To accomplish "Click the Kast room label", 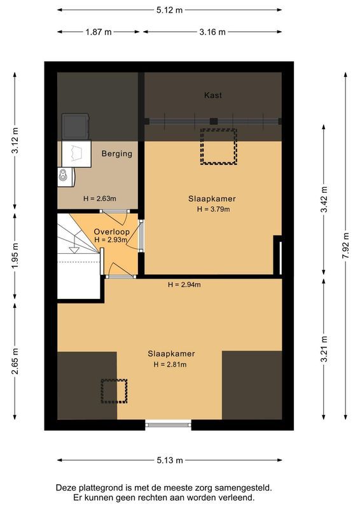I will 213,95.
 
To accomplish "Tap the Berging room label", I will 117,153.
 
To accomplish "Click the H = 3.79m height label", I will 213,209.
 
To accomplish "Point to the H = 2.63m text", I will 99,198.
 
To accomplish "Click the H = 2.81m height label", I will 171,365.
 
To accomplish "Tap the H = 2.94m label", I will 184,284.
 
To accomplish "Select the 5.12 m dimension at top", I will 169,10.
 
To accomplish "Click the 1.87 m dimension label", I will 99,32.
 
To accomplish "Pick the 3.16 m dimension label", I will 212,32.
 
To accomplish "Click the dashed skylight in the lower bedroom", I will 114,391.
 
